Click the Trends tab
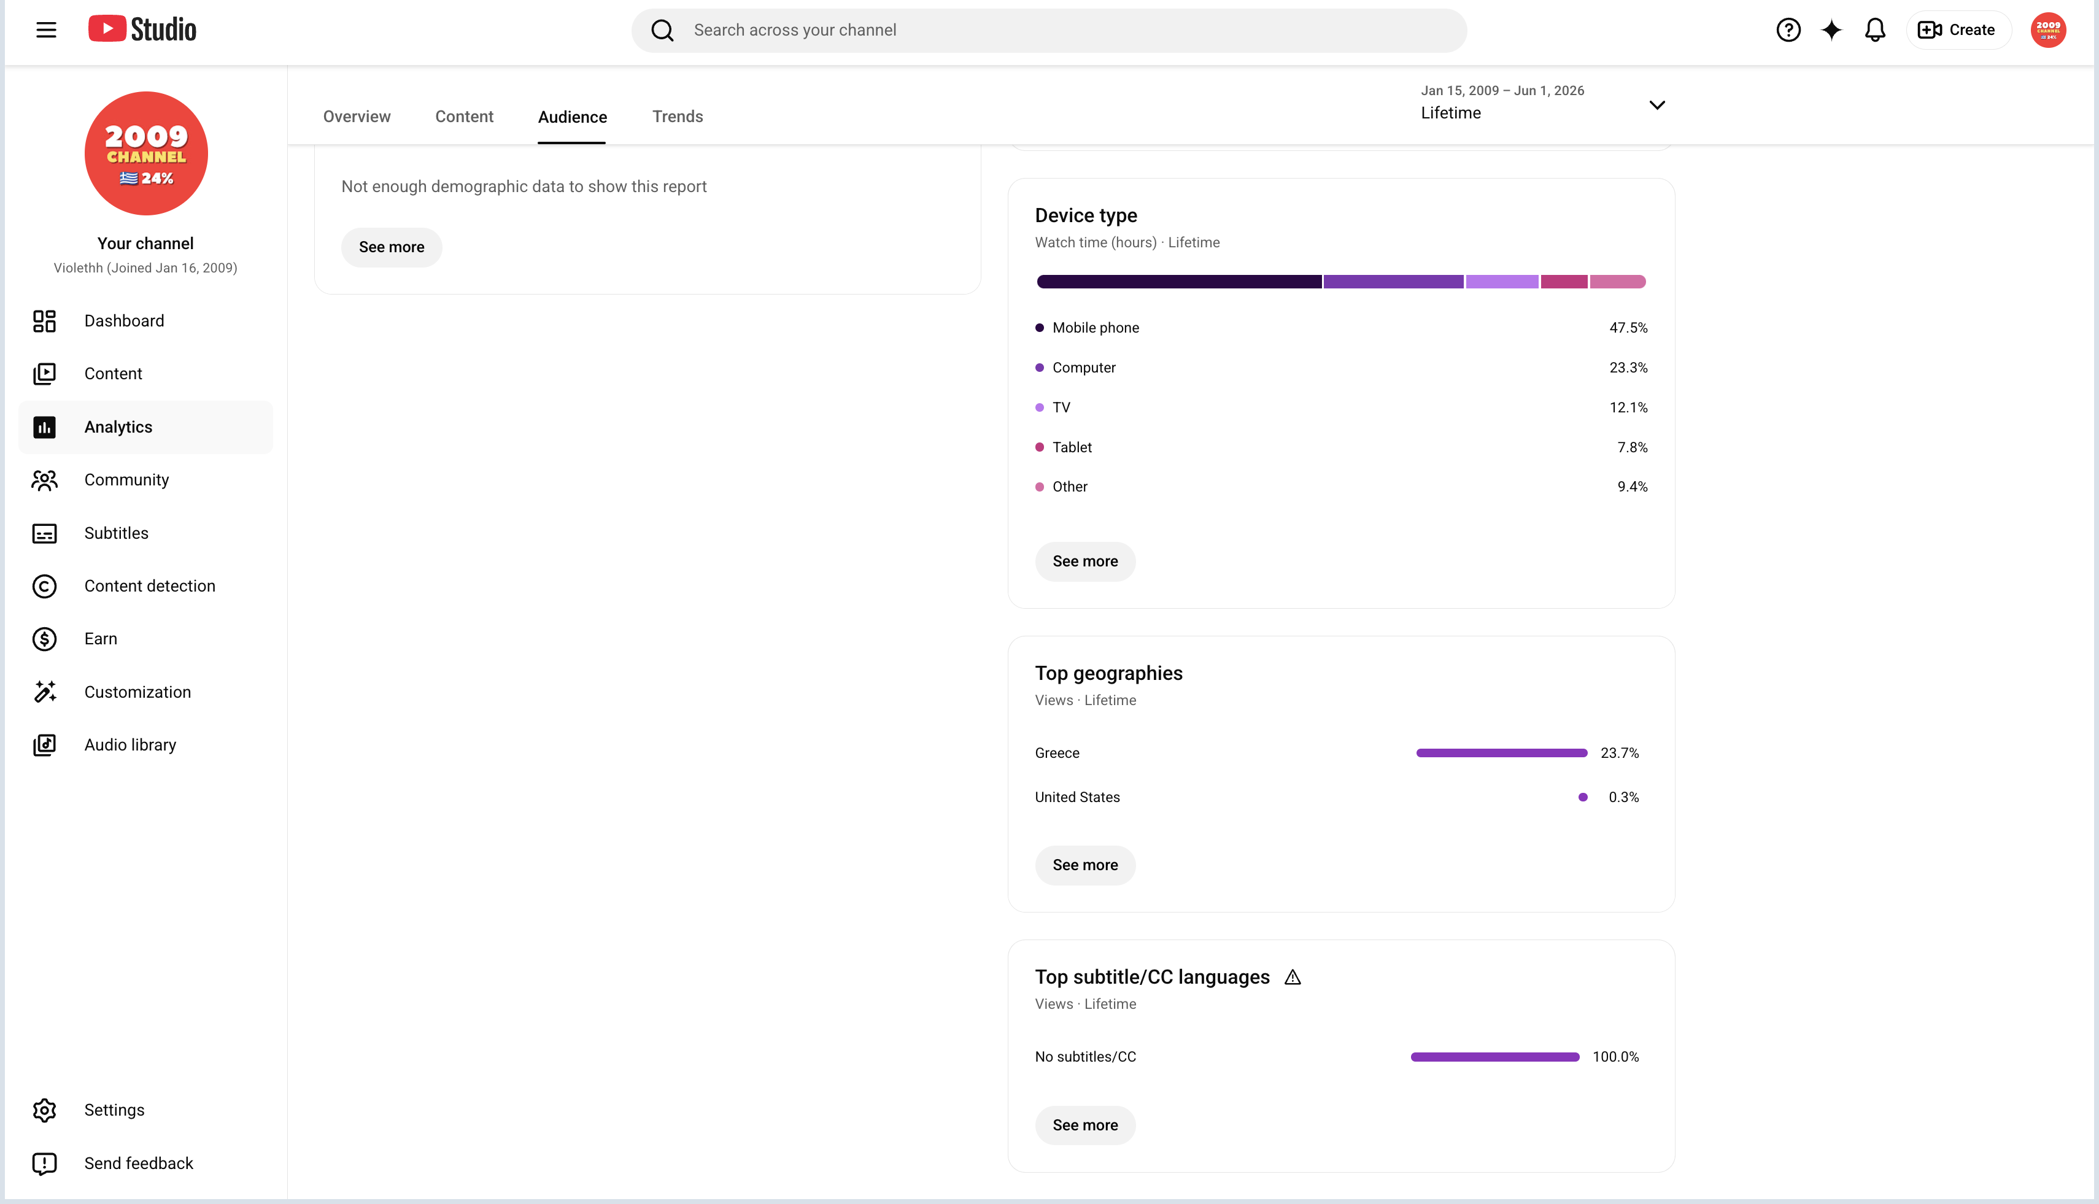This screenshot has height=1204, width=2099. pos(678,117)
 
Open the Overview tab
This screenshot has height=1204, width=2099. pos(357,117)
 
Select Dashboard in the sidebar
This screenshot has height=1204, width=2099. pos(124,321)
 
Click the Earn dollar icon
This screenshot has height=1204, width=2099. pos(45,639)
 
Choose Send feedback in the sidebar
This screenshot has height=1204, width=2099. pos(139,1163)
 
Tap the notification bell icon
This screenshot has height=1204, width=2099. pos(1875,31)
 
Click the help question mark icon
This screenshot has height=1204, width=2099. pos(1788,31)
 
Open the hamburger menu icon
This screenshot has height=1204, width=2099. pos(46,31)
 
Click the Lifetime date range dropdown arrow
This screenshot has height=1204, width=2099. pos(1656,105)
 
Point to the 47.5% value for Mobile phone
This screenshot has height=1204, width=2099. pos(1628,328)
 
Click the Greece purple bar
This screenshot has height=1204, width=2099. pos(1501,752)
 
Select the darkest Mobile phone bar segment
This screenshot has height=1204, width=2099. pos(1178,282)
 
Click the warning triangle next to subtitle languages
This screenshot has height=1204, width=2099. pos(1293,978)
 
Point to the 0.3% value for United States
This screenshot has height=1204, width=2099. pos(1623,797)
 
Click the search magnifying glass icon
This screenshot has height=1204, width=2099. pos(662,31)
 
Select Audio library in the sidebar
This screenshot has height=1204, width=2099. pos(130,745)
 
